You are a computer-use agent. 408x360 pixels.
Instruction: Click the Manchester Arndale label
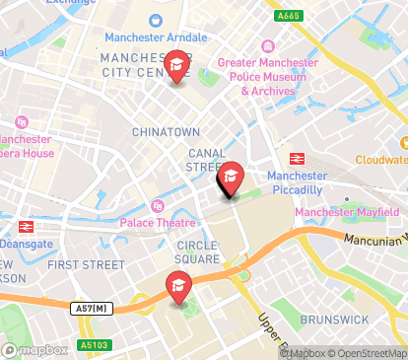[153, 36]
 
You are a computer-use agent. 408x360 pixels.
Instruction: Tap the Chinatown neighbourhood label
[166, 131]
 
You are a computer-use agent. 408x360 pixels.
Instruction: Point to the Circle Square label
[199, 252]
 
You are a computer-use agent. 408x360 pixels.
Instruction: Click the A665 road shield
[289, 15]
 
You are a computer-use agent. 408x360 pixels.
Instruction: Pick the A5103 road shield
[93, 345]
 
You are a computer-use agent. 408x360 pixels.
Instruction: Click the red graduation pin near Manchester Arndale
[177, 67]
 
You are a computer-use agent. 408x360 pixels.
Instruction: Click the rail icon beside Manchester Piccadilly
[294, 159]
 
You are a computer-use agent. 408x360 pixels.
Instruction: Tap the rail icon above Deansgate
[27, 226]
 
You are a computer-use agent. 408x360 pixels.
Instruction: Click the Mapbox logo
[34, 349]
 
